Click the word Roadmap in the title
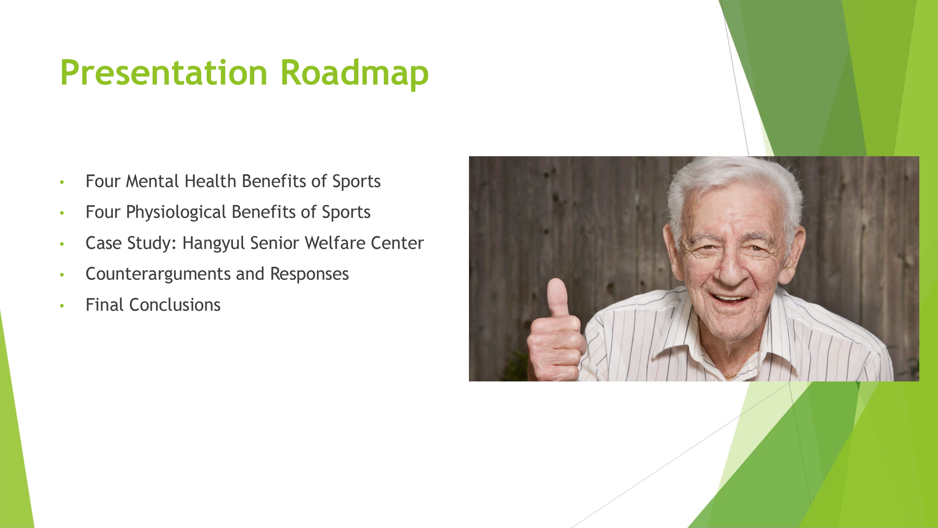[x=355, y=75]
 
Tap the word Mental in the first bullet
[x=152, y=181]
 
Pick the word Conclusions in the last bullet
[x=175, y=305]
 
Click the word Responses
[x=310, y=274]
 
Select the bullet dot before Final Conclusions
[x=62, y=306]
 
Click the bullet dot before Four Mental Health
[x=62, y=182]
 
